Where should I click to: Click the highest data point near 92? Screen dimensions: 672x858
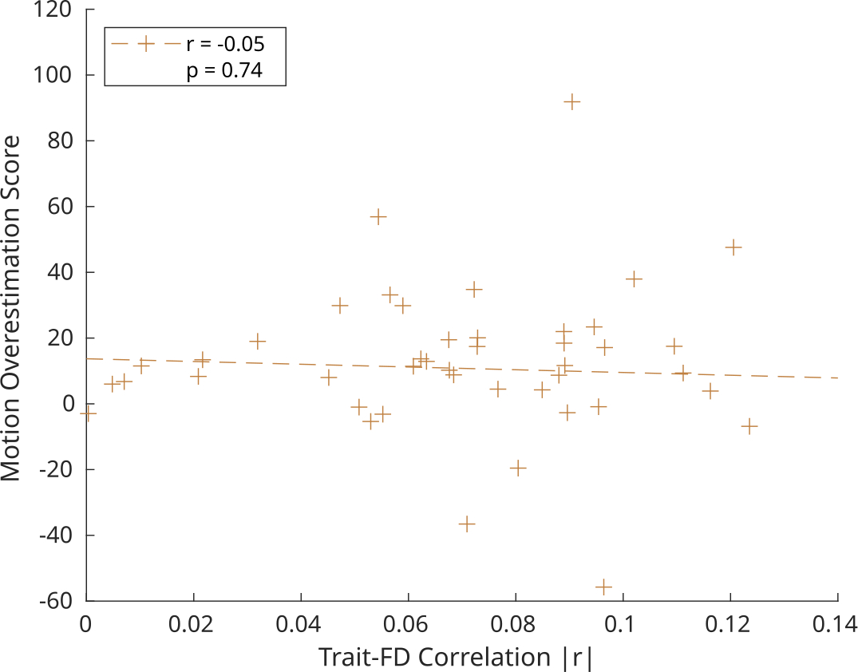pyautogui.click(x=571, y=101)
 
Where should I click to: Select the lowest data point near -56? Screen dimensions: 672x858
pyautogui.click(x=603, y=587)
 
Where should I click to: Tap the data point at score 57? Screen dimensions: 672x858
pyautogui.click(x=378, y=216)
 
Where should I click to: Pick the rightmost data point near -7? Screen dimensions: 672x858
pyautogui.click(x=749, y=426)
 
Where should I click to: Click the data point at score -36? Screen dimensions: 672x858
pyautogui.click(x=467, y=524)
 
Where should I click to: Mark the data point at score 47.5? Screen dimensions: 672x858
pyautogui.click(x=733, y=247)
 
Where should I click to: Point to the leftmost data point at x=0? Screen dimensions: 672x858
pyautogui.click(x=87, y=413)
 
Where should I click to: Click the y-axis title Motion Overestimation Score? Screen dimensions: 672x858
pyautogui.click(x=11, y=307)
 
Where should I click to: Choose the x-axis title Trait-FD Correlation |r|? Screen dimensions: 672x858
pyautogui.click(x=457, y=658)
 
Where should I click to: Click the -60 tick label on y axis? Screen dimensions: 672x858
pyautogui.click(x=53, y=601)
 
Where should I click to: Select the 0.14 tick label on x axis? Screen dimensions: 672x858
pyautogui.click(x=837, y=623)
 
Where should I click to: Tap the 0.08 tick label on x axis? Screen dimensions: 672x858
pyautogui.click(x=515, y=623)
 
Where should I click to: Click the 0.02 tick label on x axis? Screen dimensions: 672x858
pyautogui.click(x=193, y=623)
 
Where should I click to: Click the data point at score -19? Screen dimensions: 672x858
pyautogui.click(x=519, y=468)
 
